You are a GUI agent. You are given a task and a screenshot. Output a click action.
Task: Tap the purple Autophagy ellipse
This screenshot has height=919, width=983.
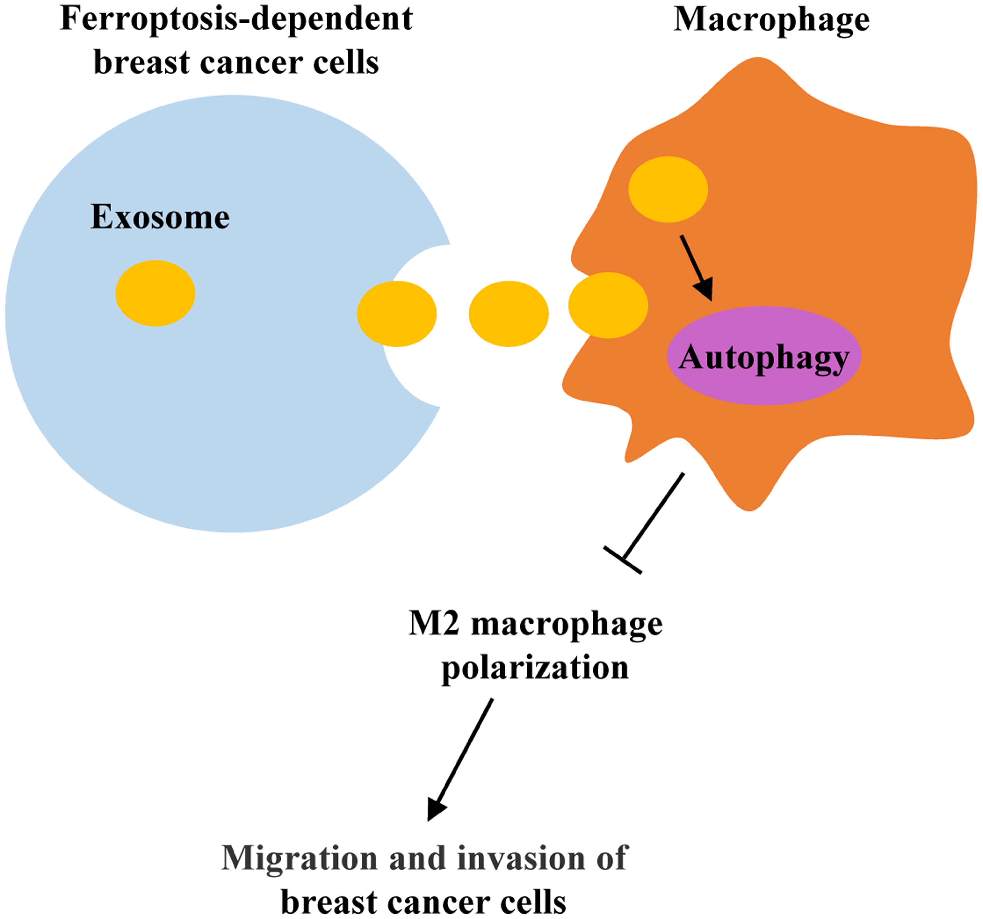pyautogui.click(x=764, y=356)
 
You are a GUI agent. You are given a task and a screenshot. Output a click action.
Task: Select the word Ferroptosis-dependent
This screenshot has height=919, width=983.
pyautogui.click(x=236, y=20)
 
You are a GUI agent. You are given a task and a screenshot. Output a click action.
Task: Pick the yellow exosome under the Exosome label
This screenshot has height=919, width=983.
pyautogui.click(x=155, y=293)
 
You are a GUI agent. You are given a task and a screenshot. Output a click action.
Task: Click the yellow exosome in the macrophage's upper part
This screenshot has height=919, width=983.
pyautogui.click(x=667, y=189)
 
